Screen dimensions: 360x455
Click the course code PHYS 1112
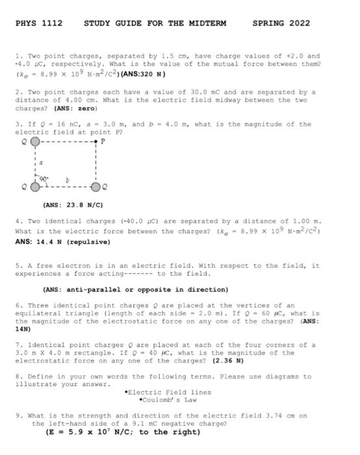pos(38,23)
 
